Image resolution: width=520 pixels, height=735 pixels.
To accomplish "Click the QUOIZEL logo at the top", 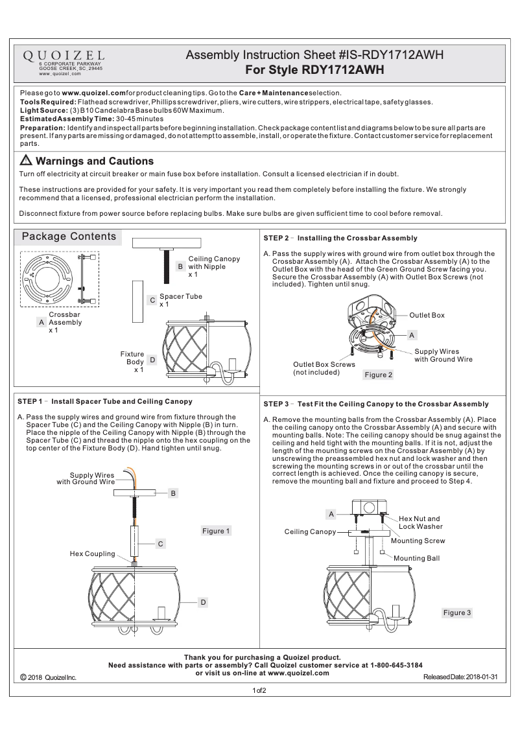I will (x=64, y=56).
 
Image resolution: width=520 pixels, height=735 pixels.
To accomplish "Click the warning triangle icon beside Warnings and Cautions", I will (x=27, y=161).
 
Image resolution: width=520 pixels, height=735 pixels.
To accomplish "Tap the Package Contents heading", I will (x=69, y=237).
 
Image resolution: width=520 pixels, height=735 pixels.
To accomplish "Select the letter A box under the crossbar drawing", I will (x=41, y=321).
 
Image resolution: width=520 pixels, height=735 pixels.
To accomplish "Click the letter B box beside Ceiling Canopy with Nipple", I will (x=180, y=266).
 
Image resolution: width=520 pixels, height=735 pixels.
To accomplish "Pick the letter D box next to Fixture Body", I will (x=152, y=359).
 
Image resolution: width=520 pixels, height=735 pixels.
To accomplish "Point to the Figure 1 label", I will (x=217, y=531).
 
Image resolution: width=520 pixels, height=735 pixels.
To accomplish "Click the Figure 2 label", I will (x=379, y=375).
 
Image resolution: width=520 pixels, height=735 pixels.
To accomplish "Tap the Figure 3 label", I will (x=457, y=612).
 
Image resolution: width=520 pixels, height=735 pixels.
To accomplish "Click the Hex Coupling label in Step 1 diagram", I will (x=92, y=554).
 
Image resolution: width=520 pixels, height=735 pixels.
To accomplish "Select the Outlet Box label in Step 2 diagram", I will (x=427, y=315).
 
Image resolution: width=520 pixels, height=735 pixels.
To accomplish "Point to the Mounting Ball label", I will (x=416, y=557).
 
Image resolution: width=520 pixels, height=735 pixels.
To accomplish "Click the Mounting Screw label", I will (x=418, y=540).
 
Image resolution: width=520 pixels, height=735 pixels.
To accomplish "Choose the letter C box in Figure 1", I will (x=160, y=544).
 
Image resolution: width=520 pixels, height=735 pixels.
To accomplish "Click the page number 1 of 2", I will (x=259, y=691).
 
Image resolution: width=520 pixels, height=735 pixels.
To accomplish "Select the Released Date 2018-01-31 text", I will (x=460, y=677).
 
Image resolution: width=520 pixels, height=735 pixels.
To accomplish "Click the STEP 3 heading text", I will (x=376, y=404).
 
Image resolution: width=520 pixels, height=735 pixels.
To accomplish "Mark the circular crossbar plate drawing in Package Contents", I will (x=49, y=279).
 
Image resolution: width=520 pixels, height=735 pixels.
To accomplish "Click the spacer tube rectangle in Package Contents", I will (x=137, y=301).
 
